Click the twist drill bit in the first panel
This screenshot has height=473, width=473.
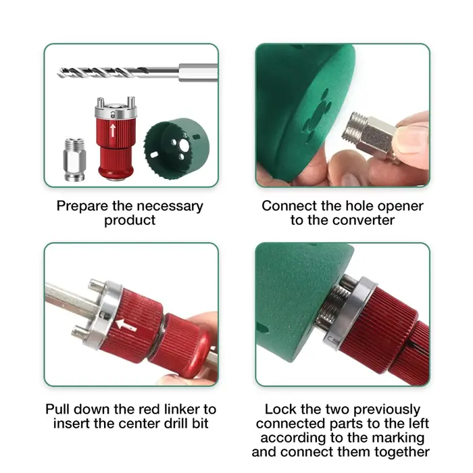click(x=137, y=73)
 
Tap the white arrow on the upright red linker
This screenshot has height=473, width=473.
click(x=113, y=130)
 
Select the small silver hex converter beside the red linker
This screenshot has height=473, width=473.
click(x=74, y=159)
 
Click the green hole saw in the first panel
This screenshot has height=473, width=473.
click(x=176, y=149)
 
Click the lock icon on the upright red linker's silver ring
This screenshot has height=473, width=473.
click(x=113, y=115)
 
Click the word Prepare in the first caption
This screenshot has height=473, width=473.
click(x=82, y=207)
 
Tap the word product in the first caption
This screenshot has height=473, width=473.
click(x=130, y=220)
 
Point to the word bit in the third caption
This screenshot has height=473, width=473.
click(x=201, y=423)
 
